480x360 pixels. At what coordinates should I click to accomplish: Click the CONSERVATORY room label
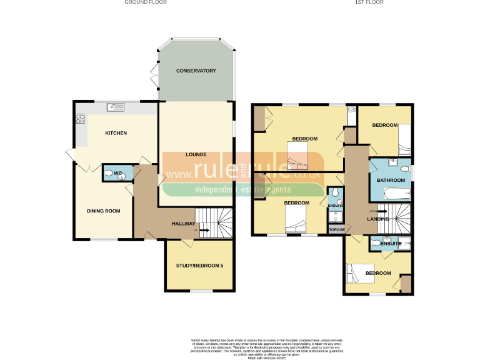click(x=196, y=71)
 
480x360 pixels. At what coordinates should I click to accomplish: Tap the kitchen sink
click(x=116, y=107)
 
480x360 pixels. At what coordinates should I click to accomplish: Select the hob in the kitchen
click(x=80, y=117)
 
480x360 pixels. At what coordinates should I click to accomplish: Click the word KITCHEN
click(x=116, y=133)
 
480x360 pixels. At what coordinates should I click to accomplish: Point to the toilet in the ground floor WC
click(x=109, y=173)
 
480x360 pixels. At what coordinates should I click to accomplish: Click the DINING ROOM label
click(x=103, y=211)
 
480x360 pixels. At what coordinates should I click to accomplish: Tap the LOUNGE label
click(x=196, y=154)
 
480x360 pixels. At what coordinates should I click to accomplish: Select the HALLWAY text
click(x=184, y=224)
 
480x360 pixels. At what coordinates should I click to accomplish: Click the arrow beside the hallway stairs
click(x=203, y=230)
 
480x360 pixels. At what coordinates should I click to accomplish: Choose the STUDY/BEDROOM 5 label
click(x=199, y=266)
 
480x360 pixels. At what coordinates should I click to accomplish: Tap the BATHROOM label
click(x=391, y=181)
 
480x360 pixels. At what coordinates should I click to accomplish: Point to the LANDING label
click(x=378, y=219)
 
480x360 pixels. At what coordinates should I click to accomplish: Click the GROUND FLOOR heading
click(x=146, y=2)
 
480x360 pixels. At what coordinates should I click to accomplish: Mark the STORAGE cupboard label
click(x=336, y=229)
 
